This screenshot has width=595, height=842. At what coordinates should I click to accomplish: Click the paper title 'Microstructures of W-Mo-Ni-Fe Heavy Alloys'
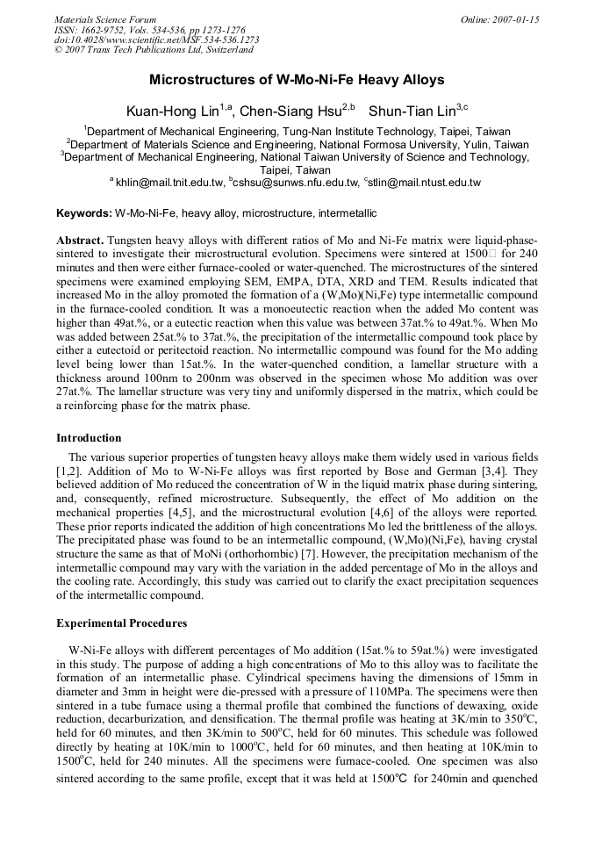pos(297,80)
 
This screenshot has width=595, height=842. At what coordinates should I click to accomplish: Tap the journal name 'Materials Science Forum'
pos(105,19)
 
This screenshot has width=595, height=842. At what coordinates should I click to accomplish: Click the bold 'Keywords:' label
pos(84,213)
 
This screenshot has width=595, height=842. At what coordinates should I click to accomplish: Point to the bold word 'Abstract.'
pos(81,241)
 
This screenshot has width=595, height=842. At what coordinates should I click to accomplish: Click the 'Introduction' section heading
pos(89,438)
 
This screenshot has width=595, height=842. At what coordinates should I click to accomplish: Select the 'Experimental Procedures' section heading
pos(121,623)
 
